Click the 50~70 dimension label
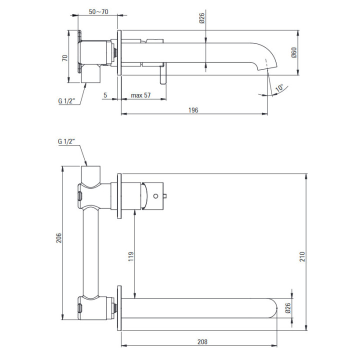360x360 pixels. point(98,11)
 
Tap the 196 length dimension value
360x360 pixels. point(193,110)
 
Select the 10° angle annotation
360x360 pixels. point(279,87)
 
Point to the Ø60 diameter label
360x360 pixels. point(294,52)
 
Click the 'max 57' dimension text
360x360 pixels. point(140,95)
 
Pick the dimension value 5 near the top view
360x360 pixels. point(105,95)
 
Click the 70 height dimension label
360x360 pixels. point(65,58)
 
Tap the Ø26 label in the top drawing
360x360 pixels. point(201,18)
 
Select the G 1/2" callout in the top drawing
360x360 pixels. point(67,101)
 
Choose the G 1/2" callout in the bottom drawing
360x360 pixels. point(66,141)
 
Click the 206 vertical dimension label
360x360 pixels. point(59,238)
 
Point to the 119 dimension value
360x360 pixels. point(131,256)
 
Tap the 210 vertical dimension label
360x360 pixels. point(302,256)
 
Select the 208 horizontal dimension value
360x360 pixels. point(202,342)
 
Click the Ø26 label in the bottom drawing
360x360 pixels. point(288,308)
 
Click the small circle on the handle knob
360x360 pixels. point(155,196)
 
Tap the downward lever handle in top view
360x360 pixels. point(163,74)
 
